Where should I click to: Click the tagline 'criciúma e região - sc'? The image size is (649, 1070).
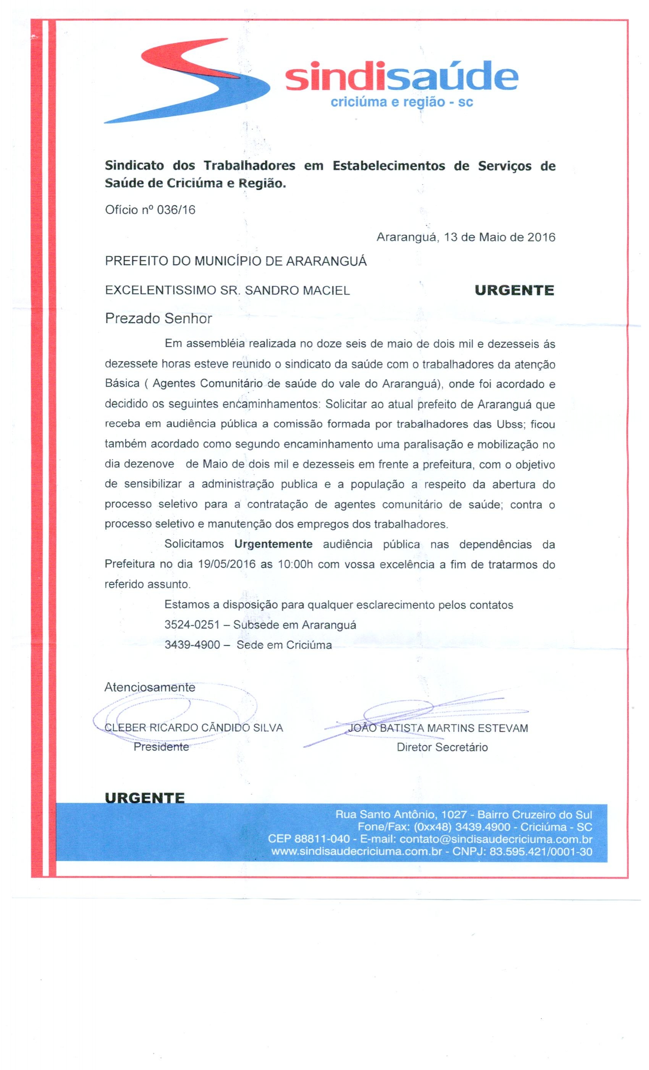(x=401, y=102)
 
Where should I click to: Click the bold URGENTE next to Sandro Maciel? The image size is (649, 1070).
(x=515, y=290)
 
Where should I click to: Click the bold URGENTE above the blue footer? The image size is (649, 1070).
(x=144, y=798)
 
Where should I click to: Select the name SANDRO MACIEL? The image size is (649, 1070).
(x=297, y=290)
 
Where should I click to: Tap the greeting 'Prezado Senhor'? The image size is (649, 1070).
(x=159, y=318)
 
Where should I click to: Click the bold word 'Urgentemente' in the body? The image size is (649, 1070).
(x=274, y=544)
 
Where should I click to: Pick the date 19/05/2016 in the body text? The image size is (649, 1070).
(x=227, y=564)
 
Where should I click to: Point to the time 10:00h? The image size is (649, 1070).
(x=295, y=564)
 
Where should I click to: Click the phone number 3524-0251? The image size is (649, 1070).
(x=192, y=624)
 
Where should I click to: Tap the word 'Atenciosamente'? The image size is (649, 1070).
(x=150, y=687)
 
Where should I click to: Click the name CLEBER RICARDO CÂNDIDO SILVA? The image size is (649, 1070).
(x=194, y=728)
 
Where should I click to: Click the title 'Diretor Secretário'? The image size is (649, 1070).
(x=442, y=747)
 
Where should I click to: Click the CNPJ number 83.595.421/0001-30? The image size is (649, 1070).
(x=541, y=851)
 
